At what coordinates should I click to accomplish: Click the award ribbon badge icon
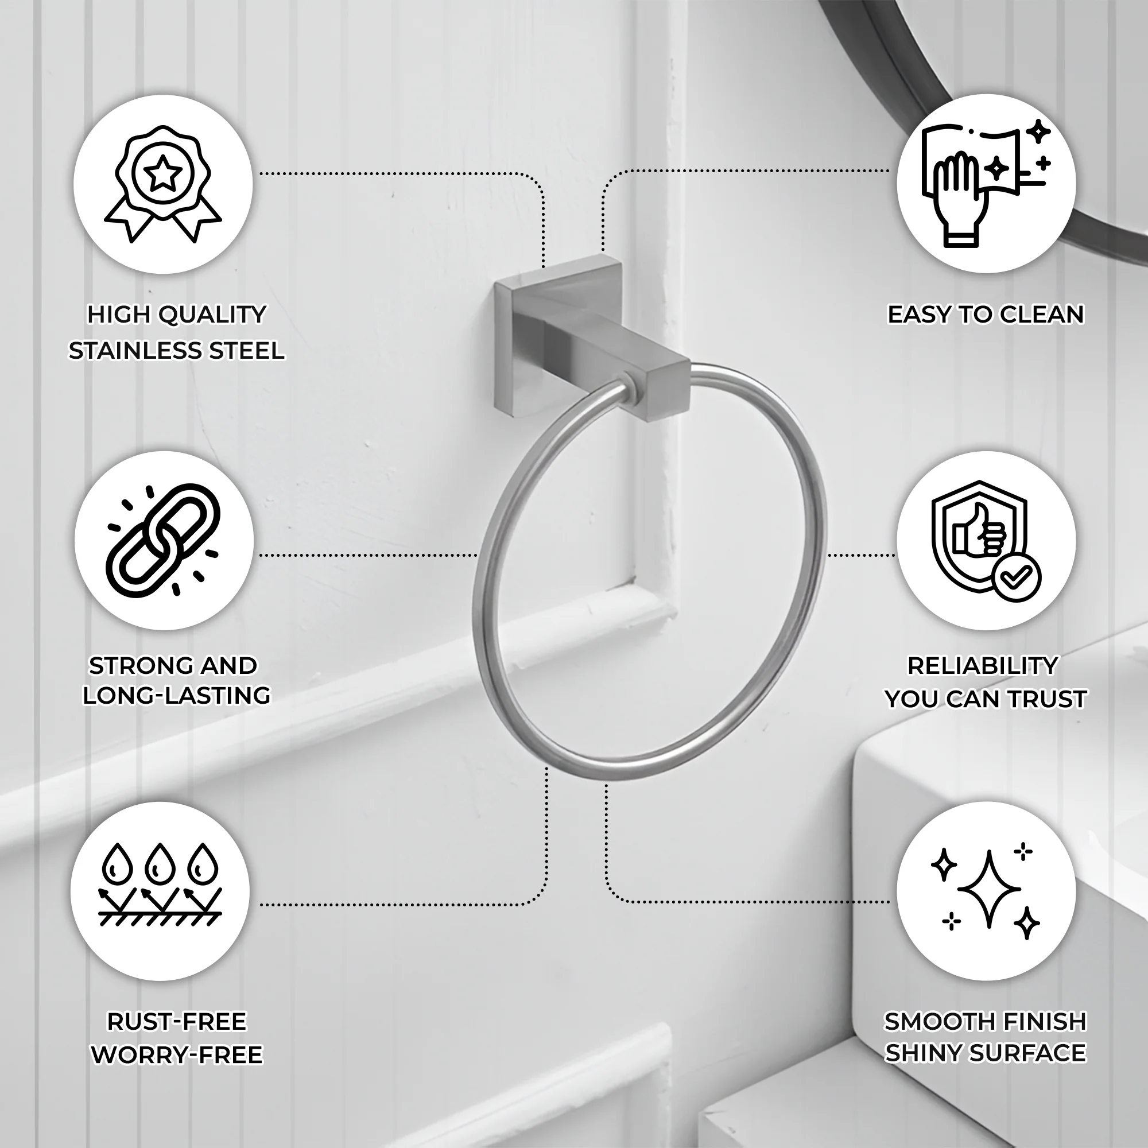pos(163,184)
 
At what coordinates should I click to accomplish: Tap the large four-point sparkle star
pos(990,890)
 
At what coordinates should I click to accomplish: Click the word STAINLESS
pos(132,351)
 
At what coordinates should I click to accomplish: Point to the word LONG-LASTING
pos(176,695)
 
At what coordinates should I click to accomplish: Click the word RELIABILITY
pos(983,665)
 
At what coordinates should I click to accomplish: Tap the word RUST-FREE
pos(176,1022)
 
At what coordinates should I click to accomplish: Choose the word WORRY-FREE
pos(176,1054)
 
